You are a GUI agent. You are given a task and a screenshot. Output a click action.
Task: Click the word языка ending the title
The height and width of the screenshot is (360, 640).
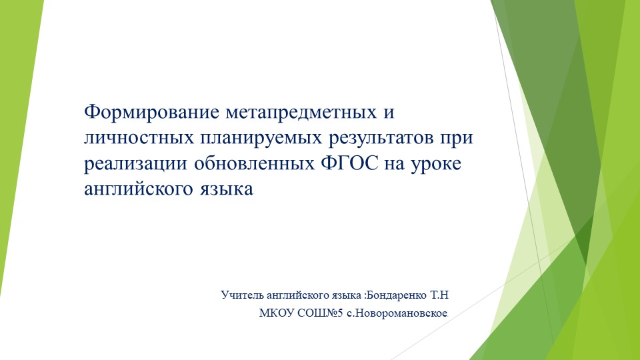tap(229, 189)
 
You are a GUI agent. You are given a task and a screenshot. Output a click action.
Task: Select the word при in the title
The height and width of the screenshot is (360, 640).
tap(463, 138)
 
